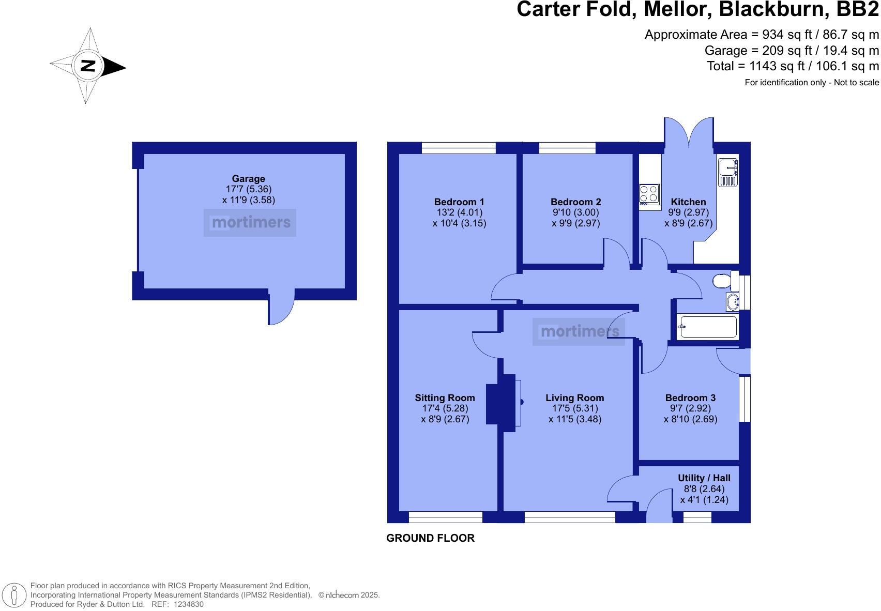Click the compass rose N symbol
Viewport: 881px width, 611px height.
[x=88, y=66]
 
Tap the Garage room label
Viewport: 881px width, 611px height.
[x=248, y=179]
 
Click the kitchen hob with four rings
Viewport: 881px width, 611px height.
[x=649, y=194]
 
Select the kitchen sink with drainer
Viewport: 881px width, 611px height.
[x=728, y=173]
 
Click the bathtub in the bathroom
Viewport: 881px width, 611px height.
[x=707, y=327]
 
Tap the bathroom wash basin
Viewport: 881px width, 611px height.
[x=732, y=302]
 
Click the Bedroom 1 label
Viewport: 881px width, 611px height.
[x=459, y=202]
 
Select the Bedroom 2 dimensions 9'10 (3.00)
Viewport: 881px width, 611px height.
[x=575, y=212]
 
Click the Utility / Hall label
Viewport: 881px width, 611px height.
[x=704, y=478]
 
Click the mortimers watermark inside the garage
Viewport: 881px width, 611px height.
[x=250, y=223]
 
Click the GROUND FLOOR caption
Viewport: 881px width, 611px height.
[x=430, y=538]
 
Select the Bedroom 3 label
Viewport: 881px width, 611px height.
[x=690, y=398]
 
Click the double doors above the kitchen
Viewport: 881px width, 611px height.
[x=689, y=133]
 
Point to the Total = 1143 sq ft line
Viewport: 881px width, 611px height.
[x=793, y=66]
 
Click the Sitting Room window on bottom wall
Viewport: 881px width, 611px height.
[x=445, y=516]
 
